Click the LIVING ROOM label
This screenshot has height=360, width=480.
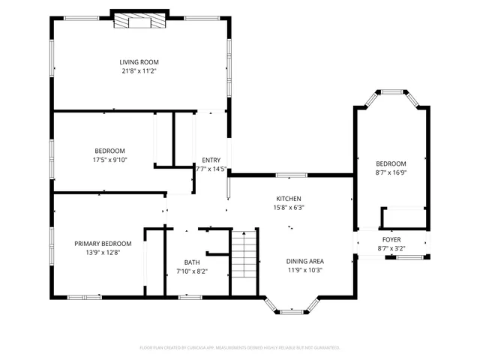tap(139, 62)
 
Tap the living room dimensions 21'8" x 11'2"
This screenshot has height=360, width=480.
tap(139, 71)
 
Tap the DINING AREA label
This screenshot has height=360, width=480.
tap(304, 261)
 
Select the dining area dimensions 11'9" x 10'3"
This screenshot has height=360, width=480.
tap(304, 271)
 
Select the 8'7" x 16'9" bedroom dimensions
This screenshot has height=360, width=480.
tap(391, 172)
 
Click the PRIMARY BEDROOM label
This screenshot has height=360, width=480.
tap(103, 244)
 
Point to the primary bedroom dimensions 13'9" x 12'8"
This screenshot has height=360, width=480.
tap(103, 253)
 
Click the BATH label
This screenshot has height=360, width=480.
tap(193, 262)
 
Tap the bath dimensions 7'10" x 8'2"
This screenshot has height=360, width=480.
tap(192, 271)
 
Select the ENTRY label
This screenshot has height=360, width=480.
tap(211, 160)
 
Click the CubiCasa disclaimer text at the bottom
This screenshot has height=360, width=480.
tap(240, 347)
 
